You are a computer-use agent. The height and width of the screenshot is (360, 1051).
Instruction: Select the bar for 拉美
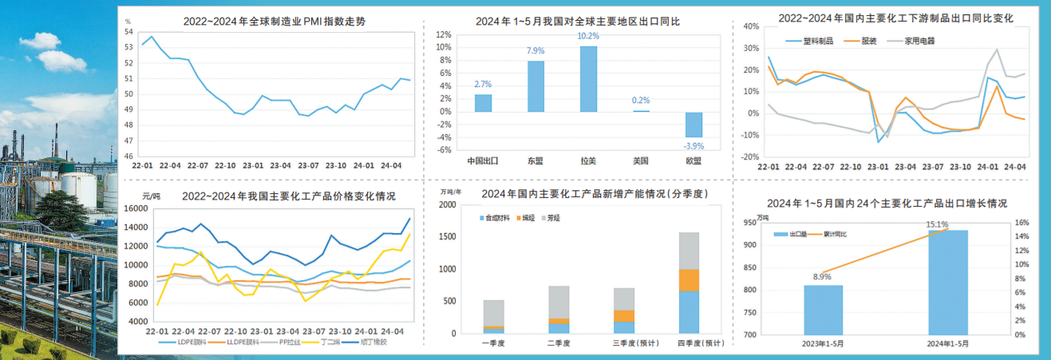pyautogui.click(x=588, y=79)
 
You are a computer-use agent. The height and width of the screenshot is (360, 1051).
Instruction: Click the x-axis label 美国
pyautogui.click(x=640, y=160)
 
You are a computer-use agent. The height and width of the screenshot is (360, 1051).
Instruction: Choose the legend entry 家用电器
pyautogui.click(x=919, y=41)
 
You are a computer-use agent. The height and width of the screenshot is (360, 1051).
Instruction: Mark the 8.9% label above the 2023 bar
pyautogui.click(x=822, y=277)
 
